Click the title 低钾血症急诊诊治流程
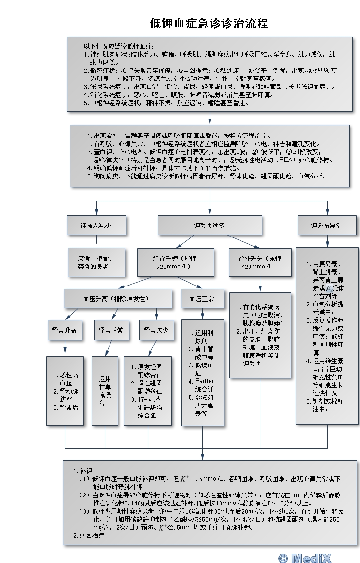[x=209, y=23]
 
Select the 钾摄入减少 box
[x=96, y=226]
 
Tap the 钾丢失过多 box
[x=209, y=226]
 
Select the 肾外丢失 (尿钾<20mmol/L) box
[x=260, y=262]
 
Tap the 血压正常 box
[x=201, y=299]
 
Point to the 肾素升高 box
[x=65, y=330]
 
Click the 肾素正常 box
[x=110, y=330]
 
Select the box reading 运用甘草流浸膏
[x=105, y=391]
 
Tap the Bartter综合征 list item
[x=204, y=385]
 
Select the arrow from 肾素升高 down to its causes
[x=65, y=349]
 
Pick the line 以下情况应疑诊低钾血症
[x=118, y=46]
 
